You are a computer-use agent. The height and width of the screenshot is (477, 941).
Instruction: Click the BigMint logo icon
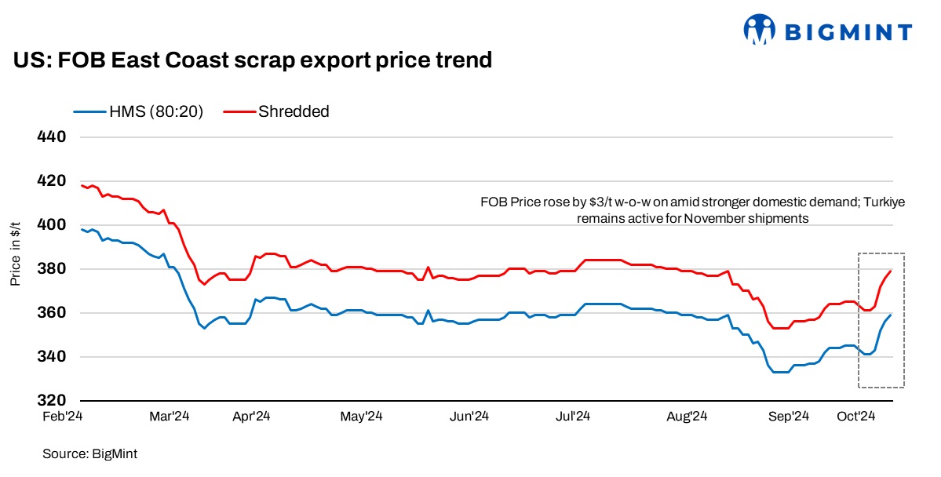(x=757, y=31)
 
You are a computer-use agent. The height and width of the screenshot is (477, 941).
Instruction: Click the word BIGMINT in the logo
(x=848, y=32)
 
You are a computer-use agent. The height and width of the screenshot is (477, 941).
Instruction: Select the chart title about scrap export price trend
(x=252, y=60)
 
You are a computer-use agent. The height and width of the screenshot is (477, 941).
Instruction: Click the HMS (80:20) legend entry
(x=139, y=111)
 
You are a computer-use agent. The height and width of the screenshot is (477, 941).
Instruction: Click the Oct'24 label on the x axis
(x=855, y=417)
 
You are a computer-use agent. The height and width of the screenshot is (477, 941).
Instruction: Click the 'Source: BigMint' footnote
(x=85, y=453)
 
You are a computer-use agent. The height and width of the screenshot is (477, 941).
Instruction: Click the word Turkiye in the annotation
(x=884, y=202)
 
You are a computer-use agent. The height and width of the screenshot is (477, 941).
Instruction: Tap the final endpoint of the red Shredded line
(x=891, y=271)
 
